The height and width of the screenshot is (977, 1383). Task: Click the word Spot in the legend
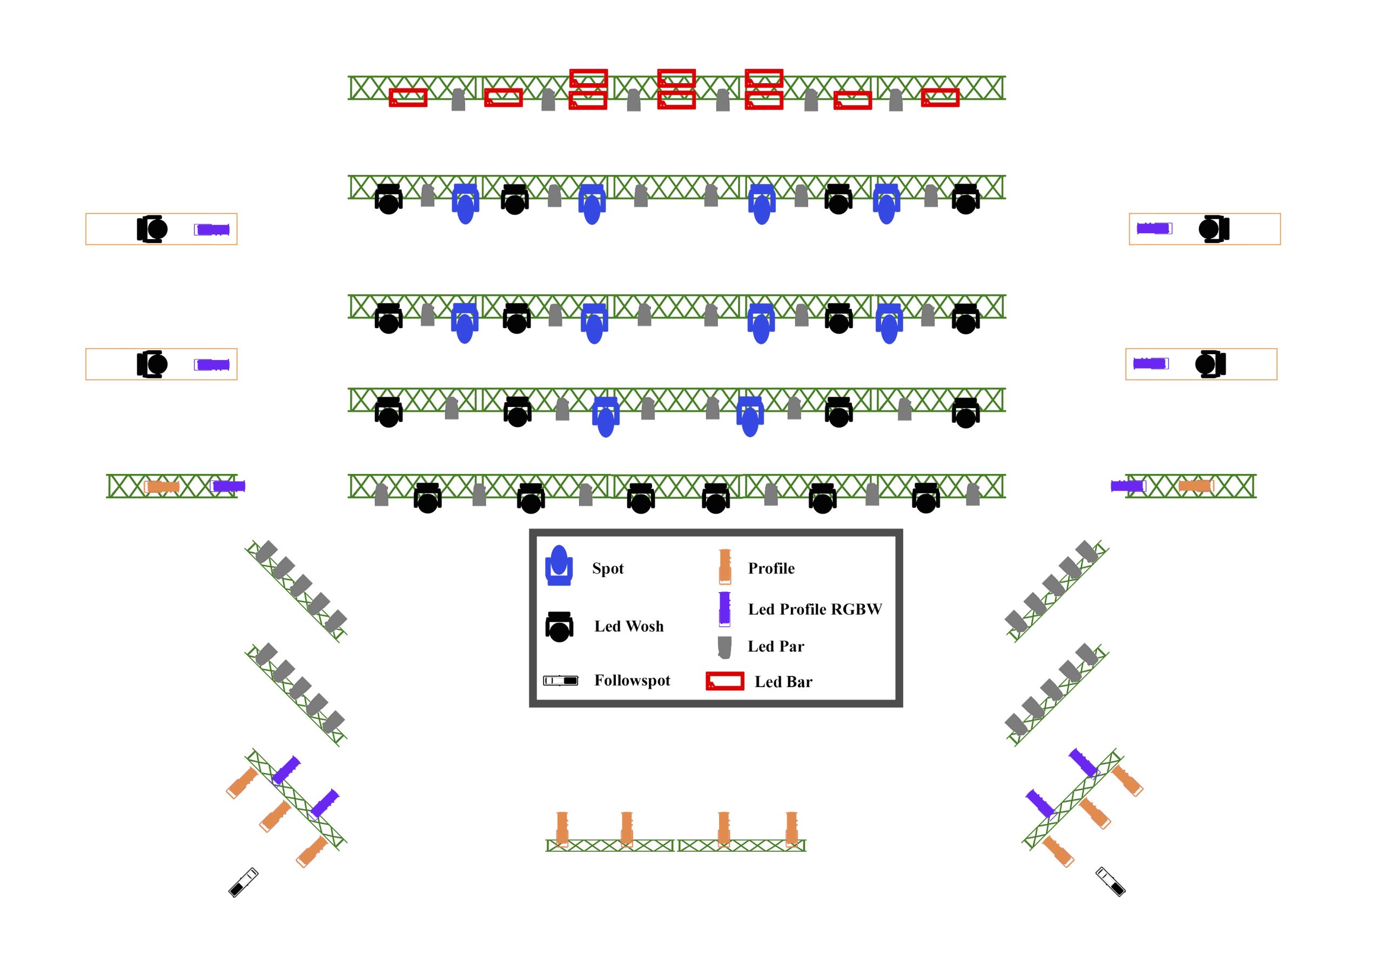[607, 568]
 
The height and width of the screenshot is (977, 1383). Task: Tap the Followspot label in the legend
[632, 680]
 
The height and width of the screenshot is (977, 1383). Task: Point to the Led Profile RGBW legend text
[814, 609]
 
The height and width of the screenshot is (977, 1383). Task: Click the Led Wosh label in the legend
[629, 626]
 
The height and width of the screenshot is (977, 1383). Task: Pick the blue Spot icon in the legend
[559, 565]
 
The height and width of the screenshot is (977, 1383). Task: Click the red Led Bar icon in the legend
[724, 681]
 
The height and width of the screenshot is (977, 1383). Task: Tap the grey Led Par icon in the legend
[724, 647]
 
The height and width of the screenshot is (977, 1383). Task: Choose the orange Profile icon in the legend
[724, 566]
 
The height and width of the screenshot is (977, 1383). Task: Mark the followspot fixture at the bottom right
[1110, 881]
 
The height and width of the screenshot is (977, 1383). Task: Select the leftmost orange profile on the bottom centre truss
[562, 830]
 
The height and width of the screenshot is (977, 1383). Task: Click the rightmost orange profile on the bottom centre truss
[791, 830]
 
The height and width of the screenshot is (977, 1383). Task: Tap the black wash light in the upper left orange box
[152, 229]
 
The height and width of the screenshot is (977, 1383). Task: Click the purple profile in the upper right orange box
[1154, 229]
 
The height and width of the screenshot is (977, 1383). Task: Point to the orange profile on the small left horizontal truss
[162, 486]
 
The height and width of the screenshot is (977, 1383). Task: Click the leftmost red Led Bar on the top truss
[408, 98]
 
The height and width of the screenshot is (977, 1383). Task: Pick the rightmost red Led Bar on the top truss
[940, 98]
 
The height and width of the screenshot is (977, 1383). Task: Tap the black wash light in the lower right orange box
[1211, 364]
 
